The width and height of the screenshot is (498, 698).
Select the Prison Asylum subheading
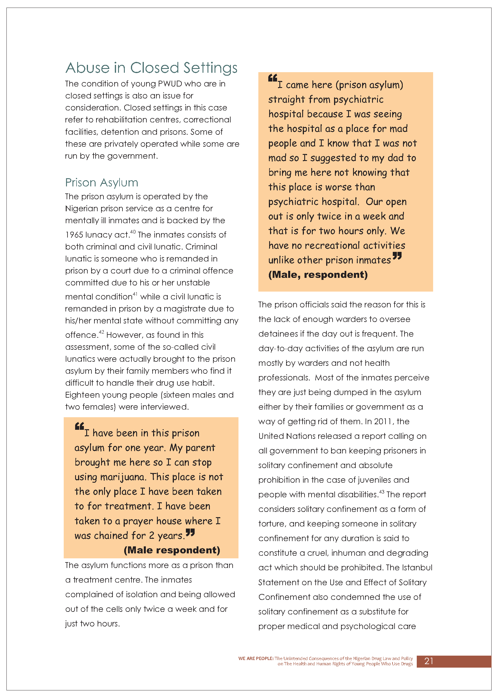click(101, 183)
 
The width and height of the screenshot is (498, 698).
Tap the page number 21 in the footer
click(429, 661)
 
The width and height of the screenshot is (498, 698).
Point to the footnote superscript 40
click(133, 232)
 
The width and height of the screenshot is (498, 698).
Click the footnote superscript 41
click(135, 294)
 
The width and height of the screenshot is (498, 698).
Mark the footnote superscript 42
click(101, 332)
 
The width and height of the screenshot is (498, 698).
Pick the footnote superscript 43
click(381, 492)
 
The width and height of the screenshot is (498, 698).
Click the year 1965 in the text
click(74, 235)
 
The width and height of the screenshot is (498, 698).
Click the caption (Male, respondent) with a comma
click(318, 275)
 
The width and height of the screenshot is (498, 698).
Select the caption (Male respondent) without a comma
click(172, 550)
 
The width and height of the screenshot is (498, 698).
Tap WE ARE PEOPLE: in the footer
click(256, 659)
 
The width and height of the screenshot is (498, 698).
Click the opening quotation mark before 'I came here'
click(272, 78)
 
